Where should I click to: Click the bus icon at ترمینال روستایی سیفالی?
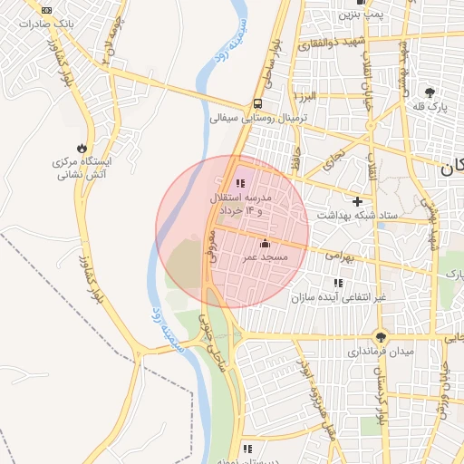(x=258, y=103)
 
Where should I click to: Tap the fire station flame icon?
(x=82, y=148)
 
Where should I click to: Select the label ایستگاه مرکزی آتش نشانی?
(x=82, y=166)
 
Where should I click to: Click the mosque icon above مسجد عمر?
(x=265, y=243)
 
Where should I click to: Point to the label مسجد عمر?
(x=265, y=257)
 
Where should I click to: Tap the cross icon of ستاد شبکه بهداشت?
(x=358, y=201)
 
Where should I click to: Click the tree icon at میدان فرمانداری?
(x=381, y=334)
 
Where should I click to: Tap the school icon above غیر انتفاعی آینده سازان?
(x=338, y=284)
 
